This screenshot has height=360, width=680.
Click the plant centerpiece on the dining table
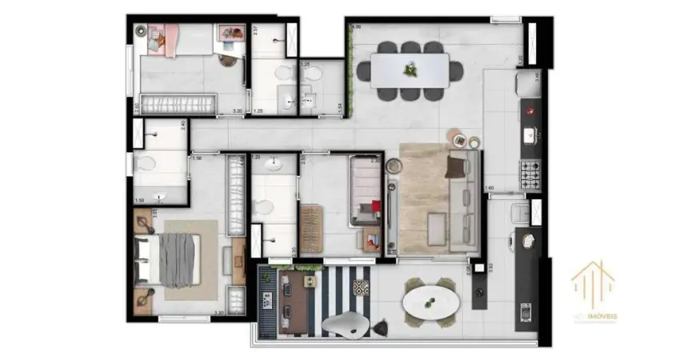point(410,70)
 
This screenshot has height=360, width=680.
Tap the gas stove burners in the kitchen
point(530,171)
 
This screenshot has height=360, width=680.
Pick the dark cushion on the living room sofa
point(456,167)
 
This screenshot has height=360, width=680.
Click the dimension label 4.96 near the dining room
point(357,27)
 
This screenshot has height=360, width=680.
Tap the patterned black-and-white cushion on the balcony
point(362,286)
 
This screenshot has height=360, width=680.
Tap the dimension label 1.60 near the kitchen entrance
point(490,188)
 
